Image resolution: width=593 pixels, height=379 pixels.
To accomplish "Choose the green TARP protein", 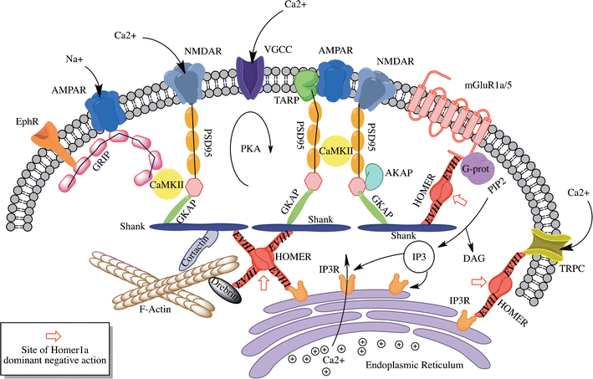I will (306, 82).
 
